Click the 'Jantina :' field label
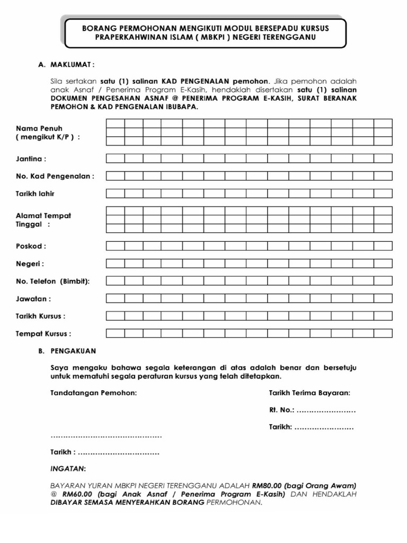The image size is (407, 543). pyautogui.click(x=31, y=159)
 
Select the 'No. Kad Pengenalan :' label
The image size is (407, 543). pyautogui.click(x=55, y=176)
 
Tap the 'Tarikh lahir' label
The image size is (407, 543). pyautogui.click(x=35, y=194)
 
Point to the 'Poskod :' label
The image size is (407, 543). pyautogui.click(x=31, y=246)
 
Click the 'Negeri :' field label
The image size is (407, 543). pyautogui.click(x=30, y=264)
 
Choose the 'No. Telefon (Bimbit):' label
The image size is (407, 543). pyautogui.click(x=52, y=281)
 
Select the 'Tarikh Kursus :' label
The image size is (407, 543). pyautogui.click(x=40, y=316)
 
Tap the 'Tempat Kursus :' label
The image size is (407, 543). pyautogui.click(x=43, y=334)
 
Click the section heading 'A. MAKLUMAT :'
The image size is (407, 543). pyautogui.click(x=66, y=65)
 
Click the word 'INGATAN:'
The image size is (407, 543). pyautogui.click(x=67, y=469)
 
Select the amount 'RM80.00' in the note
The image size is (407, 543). pyautogui.click(x=267, y=485)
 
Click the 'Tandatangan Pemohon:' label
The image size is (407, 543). pyautogui.click(x=93, y=393)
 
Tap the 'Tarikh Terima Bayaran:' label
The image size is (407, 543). pyautogui.click(x=309, y=393)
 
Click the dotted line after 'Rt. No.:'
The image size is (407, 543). pyautogui.click(x=326, y=410)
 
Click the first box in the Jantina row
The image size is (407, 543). pyautogui.click(x=115, y=158)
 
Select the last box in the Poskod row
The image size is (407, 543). pyautogui.click(x=383, y=246)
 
